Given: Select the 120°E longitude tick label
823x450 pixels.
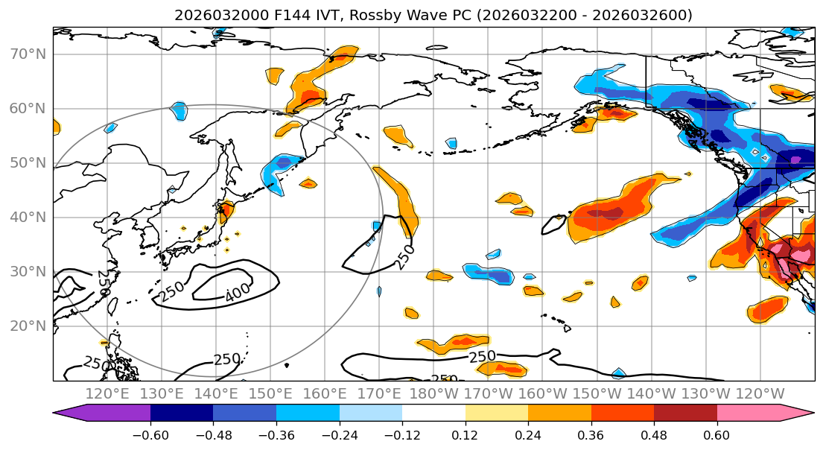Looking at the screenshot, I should [108, 394].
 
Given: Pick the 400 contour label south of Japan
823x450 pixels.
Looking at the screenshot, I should [238, 295].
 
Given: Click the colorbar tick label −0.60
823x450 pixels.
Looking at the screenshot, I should [151, 435].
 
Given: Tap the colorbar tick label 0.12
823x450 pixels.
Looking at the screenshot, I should [465, 435].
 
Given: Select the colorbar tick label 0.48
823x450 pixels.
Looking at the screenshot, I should [654, 435].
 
